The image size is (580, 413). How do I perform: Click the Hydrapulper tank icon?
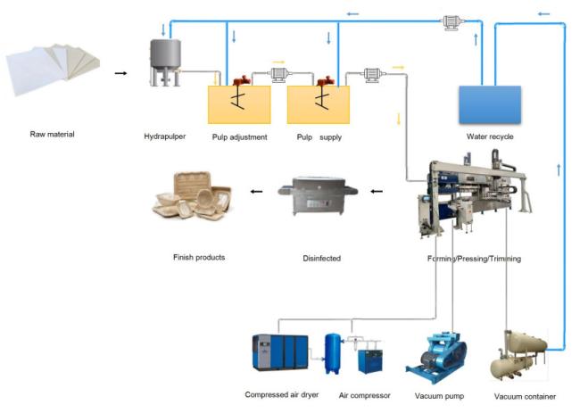165,62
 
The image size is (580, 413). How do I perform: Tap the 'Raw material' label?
52,134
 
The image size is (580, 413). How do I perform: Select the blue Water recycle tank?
490,104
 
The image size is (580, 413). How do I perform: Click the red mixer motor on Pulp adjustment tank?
242,80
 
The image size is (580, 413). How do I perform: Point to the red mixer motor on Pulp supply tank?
326,80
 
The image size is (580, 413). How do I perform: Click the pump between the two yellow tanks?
279,74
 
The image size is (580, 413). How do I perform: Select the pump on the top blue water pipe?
452,23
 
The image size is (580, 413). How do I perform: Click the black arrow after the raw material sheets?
120,73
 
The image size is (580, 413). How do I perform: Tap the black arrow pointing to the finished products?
256,192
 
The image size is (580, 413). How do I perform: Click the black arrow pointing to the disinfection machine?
377,192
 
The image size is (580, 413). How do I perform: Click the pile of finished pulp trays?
193,195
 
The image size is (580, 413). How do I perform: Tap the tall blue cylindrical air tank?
333,354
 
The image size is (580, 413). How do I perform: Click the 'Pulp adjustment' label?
240,137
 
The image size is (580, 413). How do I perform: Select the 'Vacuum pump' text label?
439,396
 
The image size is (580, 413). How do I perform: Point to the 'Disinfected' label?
322,259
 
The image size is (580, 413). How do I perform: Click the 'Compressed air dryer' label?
282,395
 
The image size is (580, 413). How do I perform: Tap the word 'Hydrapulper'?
165,136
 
